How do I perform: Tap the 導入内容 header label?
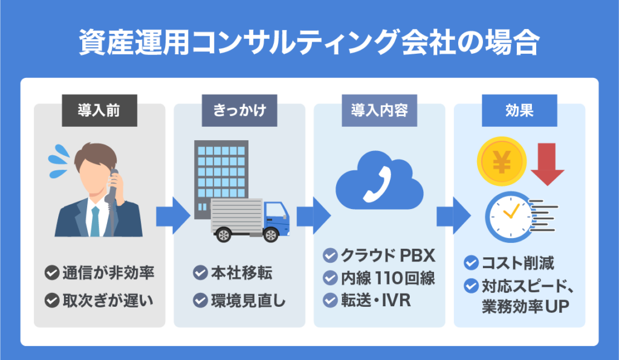pyautogui.click(x=380, y=112)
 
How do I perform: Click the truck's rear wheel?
pyautogui.click(x=225, y=234)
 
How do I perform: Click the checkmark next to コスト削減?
pyautogui.click(x=471, y=263)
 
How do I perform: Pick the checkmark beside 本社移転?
pyautogui.click(x=200, y=273)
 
